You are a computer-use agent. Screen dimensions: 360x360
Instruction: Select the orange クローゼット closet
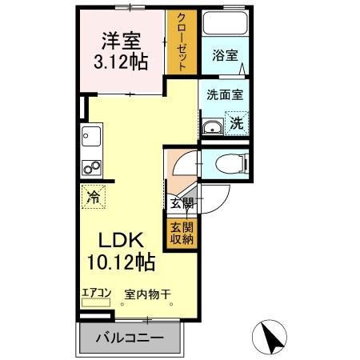[x=181, y=43]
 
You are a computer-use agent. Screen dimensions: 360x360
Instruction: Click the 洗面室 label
[x=224, y=94]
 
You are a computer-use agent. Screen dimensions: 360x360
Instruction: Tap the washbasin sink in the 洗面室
[x=213, y=126]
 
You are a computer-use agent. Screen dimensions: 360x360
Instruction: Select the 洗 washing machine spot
[x=238, y=123]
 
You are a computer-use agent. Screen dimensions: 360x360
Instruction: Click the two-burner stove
[x=90, y=169]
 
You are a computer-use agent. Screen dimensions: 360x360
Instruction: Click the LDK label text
[x=120, y=240]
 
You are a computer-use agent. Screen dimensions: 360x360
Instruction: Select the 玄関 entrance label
[x=182, y=202]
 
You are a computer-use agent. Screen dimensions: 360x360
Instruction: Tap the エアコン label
[x=95, y=293]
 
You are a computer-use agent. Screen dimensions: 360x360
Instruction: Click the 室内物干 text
[x=147, y=294]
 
